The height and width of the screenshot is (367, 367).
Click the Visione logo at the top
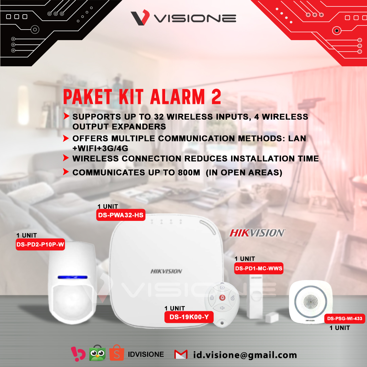coord(183,18)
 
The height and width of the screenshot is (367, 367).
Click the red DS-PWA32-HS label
coord(121,215)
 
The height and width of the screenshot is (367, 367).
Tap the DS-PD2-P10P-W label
coord(40,245)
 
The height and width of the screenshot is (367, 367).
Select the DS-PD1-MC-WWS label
coord(259,268)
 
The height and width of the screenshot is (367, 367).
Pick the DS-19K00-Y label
coord(189,317)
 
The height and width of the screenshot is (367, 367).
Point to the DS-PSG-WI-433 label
coord(345,318)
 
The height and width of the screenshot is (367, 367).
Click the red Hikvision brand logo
coord(257,233)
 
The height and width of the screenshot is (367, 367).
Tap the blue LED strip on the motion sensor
coord(73,277)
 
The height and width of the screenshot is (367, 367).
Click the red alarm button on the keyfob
coord(222,298)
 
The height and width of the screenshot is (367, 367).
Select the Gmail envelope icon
coord(181,354)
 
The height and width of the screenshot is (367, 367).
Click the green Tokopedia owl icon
coord(98,353)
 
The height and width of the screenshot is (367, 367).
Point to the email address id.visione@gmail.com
coord(245,355)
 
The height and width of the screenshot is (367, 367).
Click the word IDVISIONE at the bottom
coord(146,354)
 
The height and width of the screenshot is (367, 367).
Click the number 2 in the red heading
coord(216,97)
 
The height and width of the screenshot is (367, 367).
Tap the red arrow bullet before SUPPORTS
coord(66,116)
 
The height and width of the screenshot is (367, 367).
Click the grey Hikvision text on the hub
coord(166,271)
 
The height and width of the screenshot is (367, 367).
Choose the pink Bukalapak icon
coord(78,354)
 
